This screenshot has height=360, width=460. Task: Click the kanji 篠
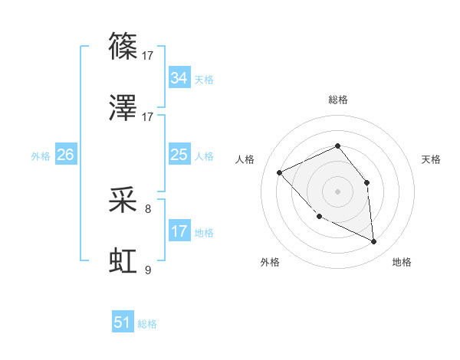coord(123,45)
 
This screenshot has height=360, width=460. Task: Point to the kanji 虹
coord(123,260)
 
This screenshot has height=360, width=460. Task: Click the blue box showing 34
coord(179,78)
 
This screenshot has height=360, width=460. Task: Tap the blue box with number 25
coord(179,155)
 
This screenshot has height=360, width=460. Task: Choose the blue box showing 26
coord(65,155)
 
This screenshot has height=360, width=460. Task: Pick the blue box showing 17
coord(179,231)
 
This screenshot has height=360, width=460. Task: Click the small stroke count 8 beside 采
coord(148,208)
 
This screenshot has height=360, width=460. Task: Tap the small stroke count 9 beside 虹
coord(148,270)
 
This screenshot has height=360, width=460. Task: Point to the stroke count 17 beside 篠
coord(148,55)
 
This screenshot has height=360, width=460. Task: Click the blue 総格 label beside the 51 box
coord(147,324)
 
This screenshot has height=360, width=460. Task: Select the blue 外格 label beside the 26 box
coord(41,156)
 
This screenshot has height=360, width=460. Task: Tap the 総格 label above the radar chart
coord(337,100)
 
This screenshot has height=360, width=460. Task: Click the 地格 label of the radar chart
coord(402,262)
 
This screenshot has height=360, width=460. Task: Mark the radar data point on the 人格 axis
coord(280,172)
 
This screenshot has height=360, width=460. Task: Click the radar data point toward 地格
coord(373,241)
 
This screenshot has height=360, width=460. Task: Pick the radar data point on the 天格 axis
coord(366,182)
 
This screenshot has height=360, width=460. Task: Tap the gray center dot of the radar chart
coord(337,191)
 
